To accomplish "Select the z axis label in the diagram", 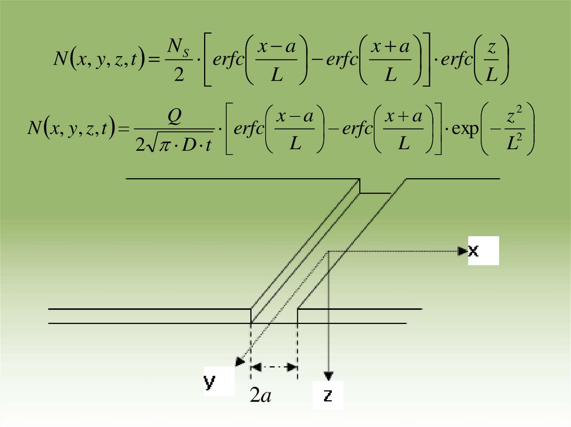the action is pos(328,395).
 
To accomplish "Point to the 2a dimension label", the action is pos(260,396).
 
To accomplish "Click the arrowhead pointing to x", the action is pos(462,251).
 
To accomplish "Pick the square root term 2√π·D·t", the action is pos(171,145).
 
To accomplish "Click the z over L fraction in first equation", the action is pos(491,60).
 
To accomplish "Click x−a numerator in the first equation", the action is pos(277,47).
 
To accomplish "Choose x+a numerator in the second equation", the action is pos(404,116).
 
